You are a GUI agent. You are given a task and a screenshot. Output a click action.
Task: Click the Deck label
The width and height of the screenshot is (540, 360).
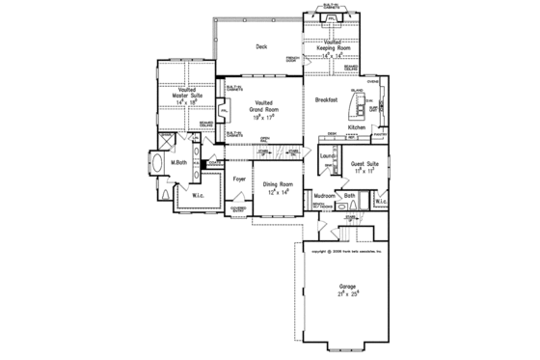click(260, 46)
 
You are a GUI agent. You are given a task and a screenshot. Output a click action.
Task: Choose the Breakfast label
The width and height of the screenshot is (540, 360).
click(325, 99)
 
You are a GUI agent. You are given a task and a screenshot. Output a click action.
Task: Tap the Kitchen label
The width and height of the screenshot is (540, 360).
click(357, 127)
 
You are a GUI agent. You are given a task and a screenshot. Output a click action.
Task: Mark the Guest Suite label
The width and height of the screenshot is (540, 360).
click(364, 165)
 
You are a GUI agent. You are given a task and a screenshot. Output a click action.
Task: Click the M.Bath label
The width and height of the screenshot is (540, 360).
click(178, 162)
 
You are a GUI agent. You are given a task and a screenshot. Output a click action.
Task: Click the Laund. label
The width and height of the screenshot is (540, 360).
click(327, 155)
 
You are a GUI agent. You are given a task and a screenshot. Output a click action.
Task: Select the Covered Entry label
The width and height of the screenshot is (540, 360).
click(238, 209)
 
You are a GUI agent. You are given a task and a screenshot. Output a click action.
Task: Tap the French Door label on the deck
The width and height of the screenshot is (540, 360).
click(292, 61)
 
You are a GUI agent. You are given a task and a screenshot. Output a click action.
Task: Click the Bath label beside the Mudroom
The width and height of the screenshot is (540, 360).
click(350, 196)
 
